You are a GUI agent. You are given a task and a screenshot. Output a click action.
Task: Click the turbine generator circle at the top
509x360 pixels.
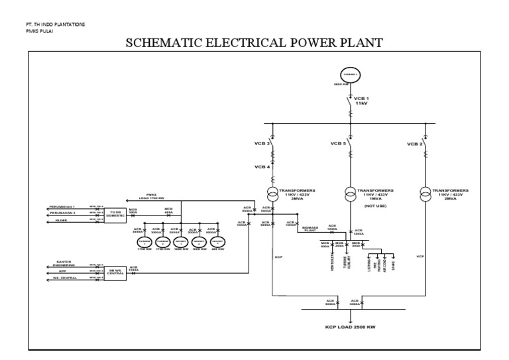pyautogui.click(x=349, y=74)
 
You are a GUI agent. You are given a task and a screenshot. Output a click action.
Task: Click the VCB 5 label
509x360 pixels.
pyautogui.click(x=339, y=144)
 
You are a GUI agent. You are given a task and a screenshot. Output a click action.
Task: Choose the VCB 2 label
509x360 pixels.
pyautogui.click(x=414, y=144)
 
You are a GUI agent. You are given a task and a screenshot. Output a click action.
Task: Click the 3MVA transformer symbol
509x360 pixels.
pyautogui.click(x=273, y=193)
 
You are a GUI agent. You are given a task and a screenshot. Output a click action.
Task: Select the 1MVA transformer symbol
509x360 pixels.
pyautogui.click(x=349, y=193)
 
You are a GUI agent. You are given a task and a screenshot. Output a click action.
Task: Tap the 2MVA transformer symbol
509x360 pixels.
pyautogui.click(x=425, y=193)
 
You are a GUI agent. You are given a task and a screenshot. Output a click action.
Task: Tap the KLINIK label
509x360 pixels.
pyautogui.click(x=58, y=221)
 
